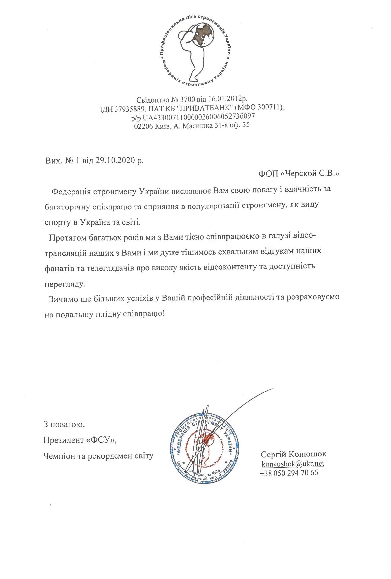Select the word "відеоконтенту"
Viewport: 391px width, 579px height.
[244, 268]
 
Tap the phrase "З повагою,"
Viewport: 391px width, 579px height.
[63, 424]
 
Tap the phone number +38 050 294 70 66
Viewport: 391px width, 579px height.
[289, 473]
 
